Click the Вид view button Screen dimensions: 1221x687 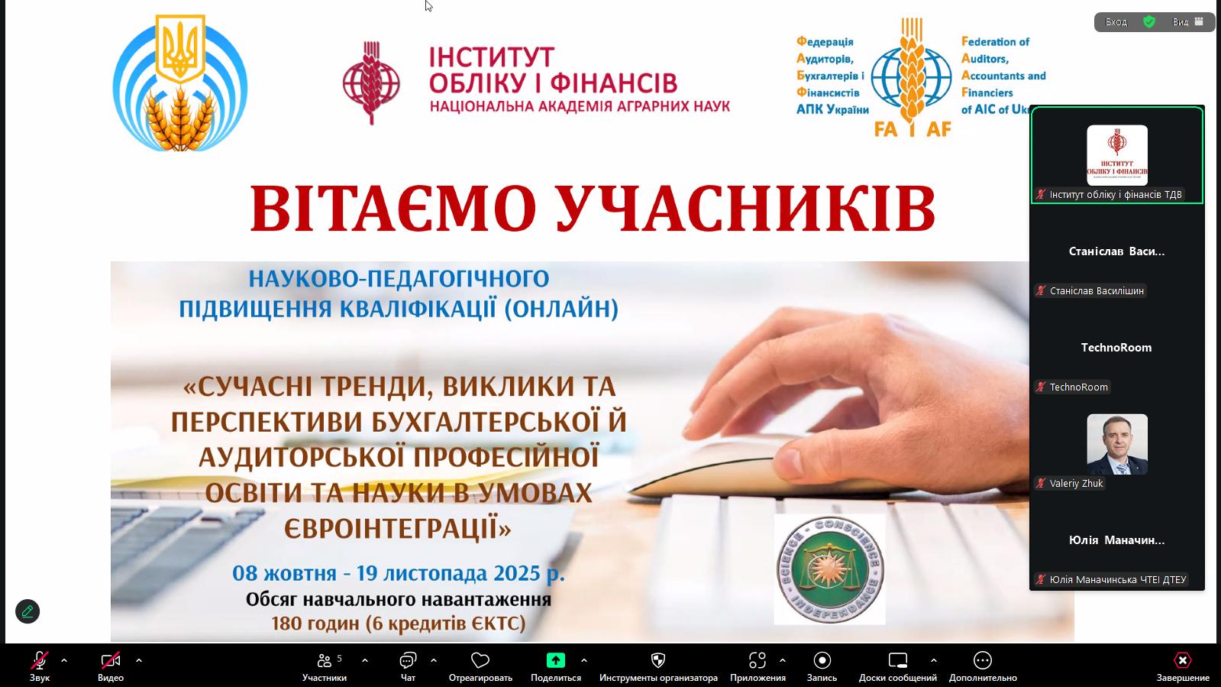click(1187, 22)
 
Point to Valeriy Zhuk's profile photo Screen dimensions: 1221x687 click(1117, 444)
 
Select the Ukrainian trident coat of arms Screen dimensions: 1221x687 click(180, 49)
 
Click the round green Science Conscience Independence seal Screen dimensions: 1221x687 click(829, 569)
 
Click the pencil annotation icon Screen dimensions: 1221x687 click(27, 611)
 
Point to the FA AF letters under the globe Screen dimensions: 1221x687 click(913, 129)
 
